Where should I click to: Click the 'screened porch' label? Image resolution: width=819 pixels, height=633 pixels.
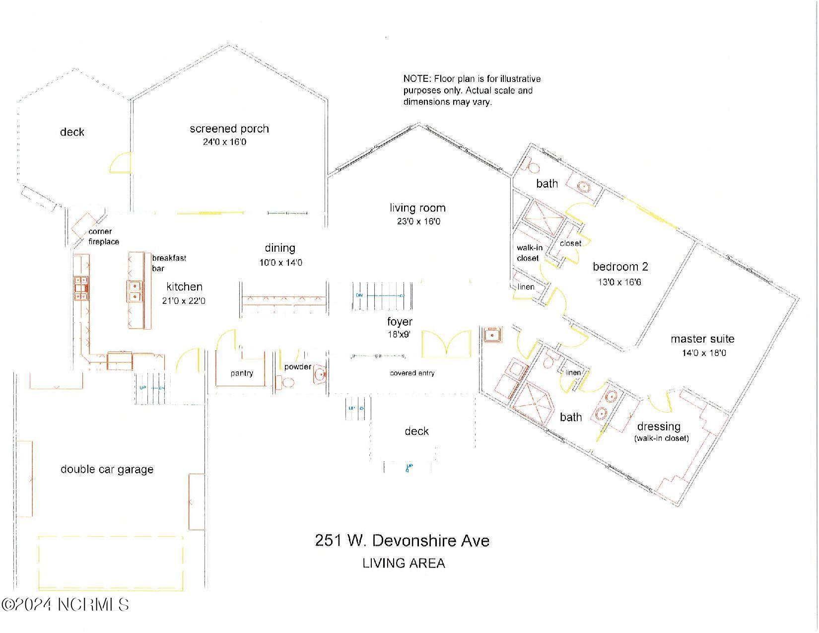click(229, 129)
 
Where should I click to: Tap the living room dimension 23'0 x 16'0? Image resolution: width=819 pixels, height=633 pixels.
click(418, 221)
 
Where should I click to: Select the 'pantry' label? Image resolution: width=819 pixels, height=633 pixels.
click(242, 373)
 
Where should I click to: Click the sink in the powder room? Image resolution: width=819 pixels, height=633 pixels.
click(319, 373)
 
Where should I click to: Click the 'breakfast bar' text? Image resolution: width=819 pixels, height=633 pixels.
click(168, 263)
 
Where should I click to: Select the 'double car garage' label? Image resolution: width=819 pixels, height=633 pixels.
click(107, 469)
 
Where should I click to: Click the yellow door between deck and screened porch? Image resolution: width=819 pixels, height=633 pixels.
click(121, 163)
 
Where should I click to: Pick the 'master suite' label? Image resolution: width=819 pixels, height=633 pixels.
click(702, 339)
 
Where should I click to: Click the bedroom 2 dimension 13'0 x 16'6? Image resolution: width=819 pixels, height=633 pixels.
click(620, 282)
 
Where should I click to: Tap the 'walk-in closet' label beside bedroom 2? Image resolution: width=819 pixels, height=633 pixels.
click(529, 253)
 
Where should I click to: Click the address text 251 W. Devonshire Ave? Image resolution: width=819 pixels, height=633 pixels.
click(402, 540)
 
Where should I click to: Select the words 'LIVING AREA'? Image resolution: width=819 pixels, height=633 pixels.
click(404, 563)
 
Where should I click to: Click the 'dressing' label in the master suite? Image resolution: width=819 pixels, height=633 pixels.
click(658, 426)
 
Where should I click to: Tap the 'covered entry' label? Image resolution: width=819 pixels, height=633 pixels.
click(412, 373)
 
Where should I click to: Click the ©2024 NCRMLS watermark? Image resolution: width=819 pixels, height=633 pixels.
click(65, 604)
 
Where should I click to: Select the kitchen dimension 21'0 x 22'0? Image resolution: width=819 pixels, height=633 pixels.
click(184, 301)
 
